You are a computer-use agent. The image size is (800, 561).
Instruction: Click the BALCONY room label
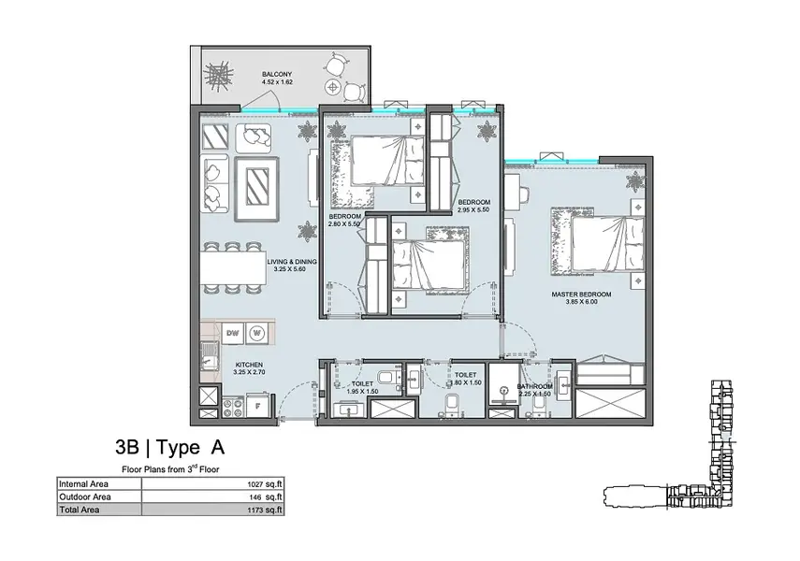point(277,74)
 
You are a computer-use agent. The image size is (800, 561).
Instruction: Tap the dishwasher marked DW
point(233,333)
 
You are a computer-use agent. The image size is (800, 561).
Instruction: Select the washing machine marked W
point(256,333)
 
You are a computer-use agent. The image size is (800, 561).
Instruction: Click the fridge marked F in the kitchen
point(258,406)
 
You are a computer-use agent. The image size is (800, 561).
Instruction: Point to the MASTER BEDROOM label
point(581,295)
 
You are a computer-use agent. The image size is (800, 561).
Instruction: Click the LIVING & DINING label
point(292,262)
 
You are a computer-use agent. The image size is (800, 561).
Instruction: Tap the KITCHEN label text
point(249,365)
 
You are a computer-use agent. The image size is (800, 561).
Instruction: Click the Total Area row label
point(80,510)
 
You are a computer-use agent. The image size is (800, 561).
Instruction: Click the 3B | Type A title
point(169,447)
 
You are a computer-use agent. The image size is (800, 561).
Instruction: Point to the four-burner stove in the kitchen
point(234,407)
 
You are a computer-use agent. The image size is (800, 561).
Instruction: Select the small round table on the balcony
point(334,87)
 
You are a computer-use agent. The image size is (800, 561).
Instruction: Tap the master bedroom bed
point(597,243)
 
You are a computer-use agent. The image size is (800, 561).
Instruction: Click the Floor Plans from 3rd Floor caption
point(170,469)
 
